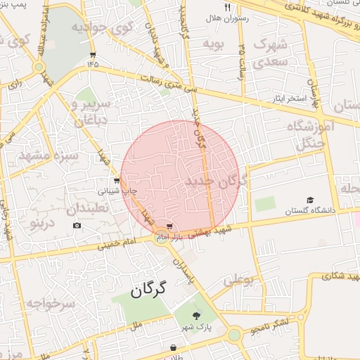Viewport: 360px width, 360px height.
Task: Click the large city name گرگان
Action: pos(148,289)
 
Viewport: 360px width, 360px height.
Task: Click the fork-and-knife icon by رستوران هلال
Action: pos(227,7)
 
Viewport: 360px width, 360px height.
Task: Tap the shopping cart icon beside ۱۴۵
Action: pos(93,54)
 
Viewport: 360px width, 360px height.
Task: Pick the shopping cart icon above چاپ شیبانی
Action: pos(116,180)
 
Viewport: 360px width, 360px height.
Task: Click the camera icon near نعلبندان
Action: pos(77,225)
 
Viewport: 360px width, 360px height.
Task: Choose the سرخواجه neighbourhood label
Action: pos(50,303)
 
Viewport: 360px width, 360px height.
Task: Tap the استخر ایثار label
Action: pos(290,98)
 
